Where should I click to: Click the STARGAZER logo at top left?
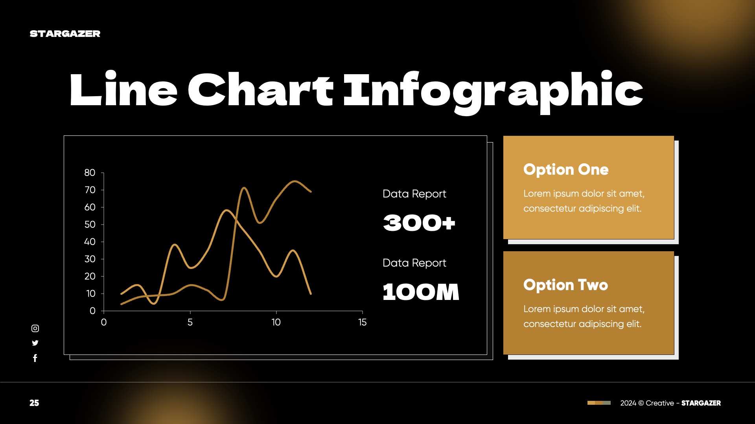coord(65,34)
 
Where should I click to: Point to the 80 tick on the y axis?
coord(90,173)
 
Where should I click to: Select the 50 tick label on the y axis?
coord(90,225)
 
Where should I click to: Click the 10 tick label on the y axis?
coord(90,294)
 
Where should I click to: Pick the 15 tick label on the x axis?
coord(362,322)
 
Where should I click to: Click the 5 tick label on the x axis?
coord(190,322)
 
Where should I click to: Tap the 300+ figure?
coord(419,223)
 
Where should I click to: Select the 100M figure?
coord(421,292)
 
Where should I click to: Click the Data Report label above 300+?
coord(414,194)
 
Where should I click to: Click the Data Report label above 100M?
coord(414,263)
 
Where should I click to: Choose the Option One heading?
coord(565,170)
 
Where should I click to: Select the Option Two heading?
coord(565,285)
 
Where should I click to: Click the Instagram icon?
coord(35,328)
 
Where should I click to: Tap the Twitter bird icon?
coord(35,343)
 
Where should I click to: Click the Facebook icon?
coord(35,358)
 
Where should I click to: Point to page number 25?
coord(34,403)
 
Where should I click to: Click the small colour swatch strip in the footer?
coord(599,403)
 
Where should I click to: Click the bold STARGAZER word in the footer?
coord(701,403)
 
